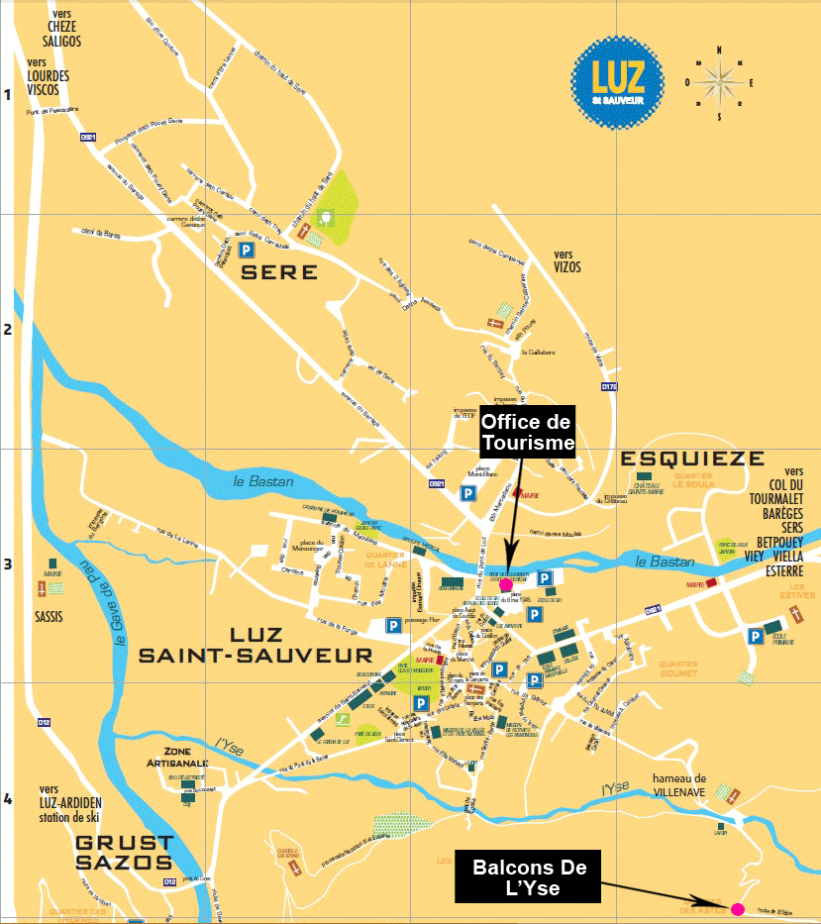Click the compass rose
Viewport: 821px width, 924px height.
[x=721, y=82]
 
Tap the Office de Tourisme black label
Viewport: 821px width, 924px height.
[x=528, y=433]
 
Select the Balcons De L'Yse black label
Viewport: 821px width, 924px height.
[x=529, y=877]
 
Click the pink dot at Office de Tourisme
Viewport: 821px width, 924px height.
[x=506, y=586]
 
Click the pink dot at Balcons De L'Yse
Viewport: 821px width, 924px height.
[x=737, y=908]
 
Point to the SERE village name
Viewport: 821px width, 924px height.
[x=280, y=272]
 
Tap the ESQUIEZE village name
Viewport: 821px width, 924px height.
[x=692, y=459]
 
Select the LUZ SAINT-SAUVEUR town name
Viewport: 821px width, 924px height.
[x=256, y=645]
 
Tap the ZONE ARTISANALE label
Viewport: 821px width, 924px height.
[x=177, y=758]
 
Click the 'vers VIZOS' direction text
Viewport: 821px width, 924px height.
[x=567, y=261]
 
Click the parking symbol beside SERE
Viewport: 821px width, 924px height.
[x=246, y=251]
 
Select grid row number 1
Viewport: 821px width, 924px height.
[x=8, y=95]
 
